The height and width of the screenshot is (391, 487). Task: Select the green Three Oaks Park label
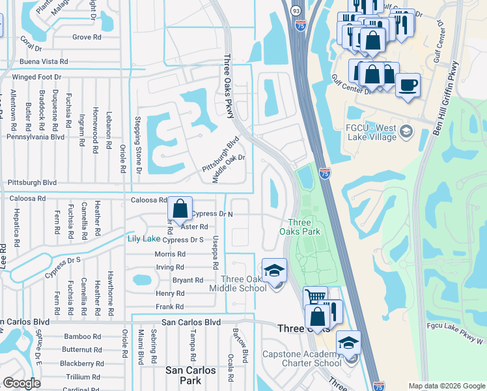pos(299,226)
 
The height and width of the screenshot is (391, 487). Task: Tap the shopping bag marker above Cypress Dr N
pos(180,209)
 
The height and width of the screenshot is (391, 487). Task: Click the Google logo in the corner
pos(21,383)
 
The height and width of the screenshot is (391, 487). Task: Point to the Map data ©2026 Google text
pos(446,386)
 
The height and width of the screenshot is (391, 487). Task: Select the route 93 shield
pos(296,11)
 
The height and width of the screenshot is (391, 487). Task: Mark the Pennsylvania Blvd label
pos(35,138)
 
